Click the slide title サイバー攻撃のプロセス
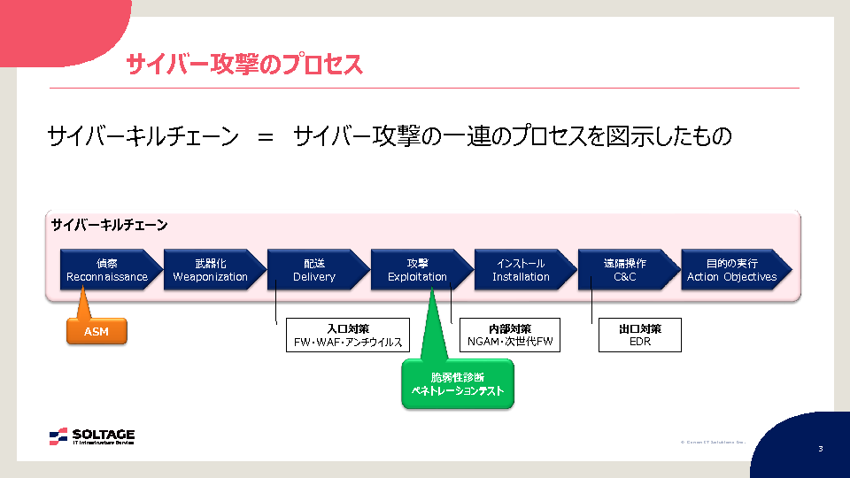click(243, 65)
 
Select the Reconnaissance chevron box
click(107, 270)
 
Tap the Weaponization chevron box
click(211, 270)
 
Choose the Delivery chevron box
click(314, 270)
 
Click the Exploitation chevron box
click(417, 270)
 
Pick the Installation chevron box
click(521, 270)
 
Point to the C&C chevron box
click(624, 270)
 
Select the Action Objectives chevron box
click(731, 270)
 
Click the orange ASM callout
click(97, 331)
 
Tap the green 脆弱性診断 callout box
click(458, 383)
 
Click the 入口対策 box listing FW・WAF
click(347, 335)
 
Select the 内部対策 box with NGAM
click(510, 335)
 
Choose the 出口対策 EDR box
click(640, 335)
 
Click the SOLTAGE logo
click(92, 436)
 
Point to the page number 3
click(820, 449)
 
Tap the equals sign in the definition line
click(266, 137)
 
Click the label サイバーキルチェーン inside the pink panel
click(109, 225)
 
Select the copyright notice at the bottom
click(712, 442)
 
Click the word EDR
click(640, 342)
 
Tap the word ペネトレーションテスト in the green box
click(458, 390)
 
